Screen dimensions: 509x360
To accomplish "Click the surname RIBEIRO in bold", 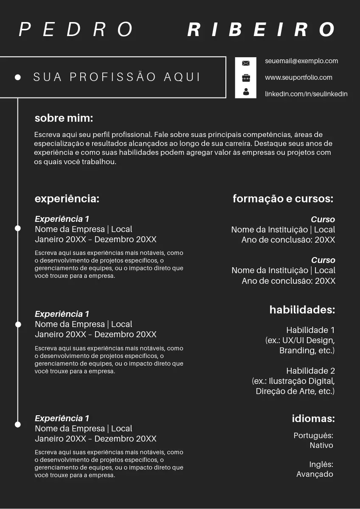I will (262, 30).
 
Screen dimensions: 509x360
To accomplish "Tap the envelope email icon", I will (246, 63).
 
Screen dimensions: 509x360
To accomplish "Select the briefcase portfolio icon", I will (246, 78).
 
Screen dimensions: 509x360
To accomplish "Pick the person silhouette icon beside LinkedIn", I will (246, 92).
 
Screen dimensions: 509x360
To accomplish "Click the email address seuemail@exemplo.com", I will (301, 61).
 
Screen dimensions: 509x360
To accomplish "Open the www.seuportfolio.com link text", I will (298, 78).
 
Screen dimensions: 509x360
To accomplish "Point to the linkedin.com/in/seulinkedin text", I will (306, 94).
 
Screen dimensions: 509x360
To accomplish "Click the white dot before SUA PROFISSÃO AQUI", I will (18, 77).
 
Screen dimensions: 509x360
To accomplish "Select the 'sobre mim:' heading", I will (64, 118).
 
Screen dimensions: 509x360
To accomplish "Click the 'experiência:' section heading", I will (67, 199).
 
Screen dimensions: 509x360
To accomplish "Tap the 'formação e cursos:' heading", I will (283, 199).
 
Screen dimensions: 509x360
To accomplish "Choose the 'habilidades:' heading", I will (302, 310).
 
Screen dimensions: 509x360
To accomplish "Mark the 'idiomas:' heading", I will (313, 419).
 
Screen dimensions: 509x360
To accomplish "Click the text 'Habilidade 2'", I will (310, 371).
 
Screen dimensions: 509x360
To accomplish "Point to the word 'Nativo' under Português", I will (321, 445).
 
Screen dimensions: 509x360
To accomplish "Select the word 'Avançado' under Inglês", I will (315, 474).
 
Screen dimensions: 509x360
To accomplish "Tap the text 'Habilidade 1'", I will (310, 330).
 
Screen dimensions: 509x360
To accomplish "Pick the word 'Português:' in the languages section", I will (313, 436).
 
